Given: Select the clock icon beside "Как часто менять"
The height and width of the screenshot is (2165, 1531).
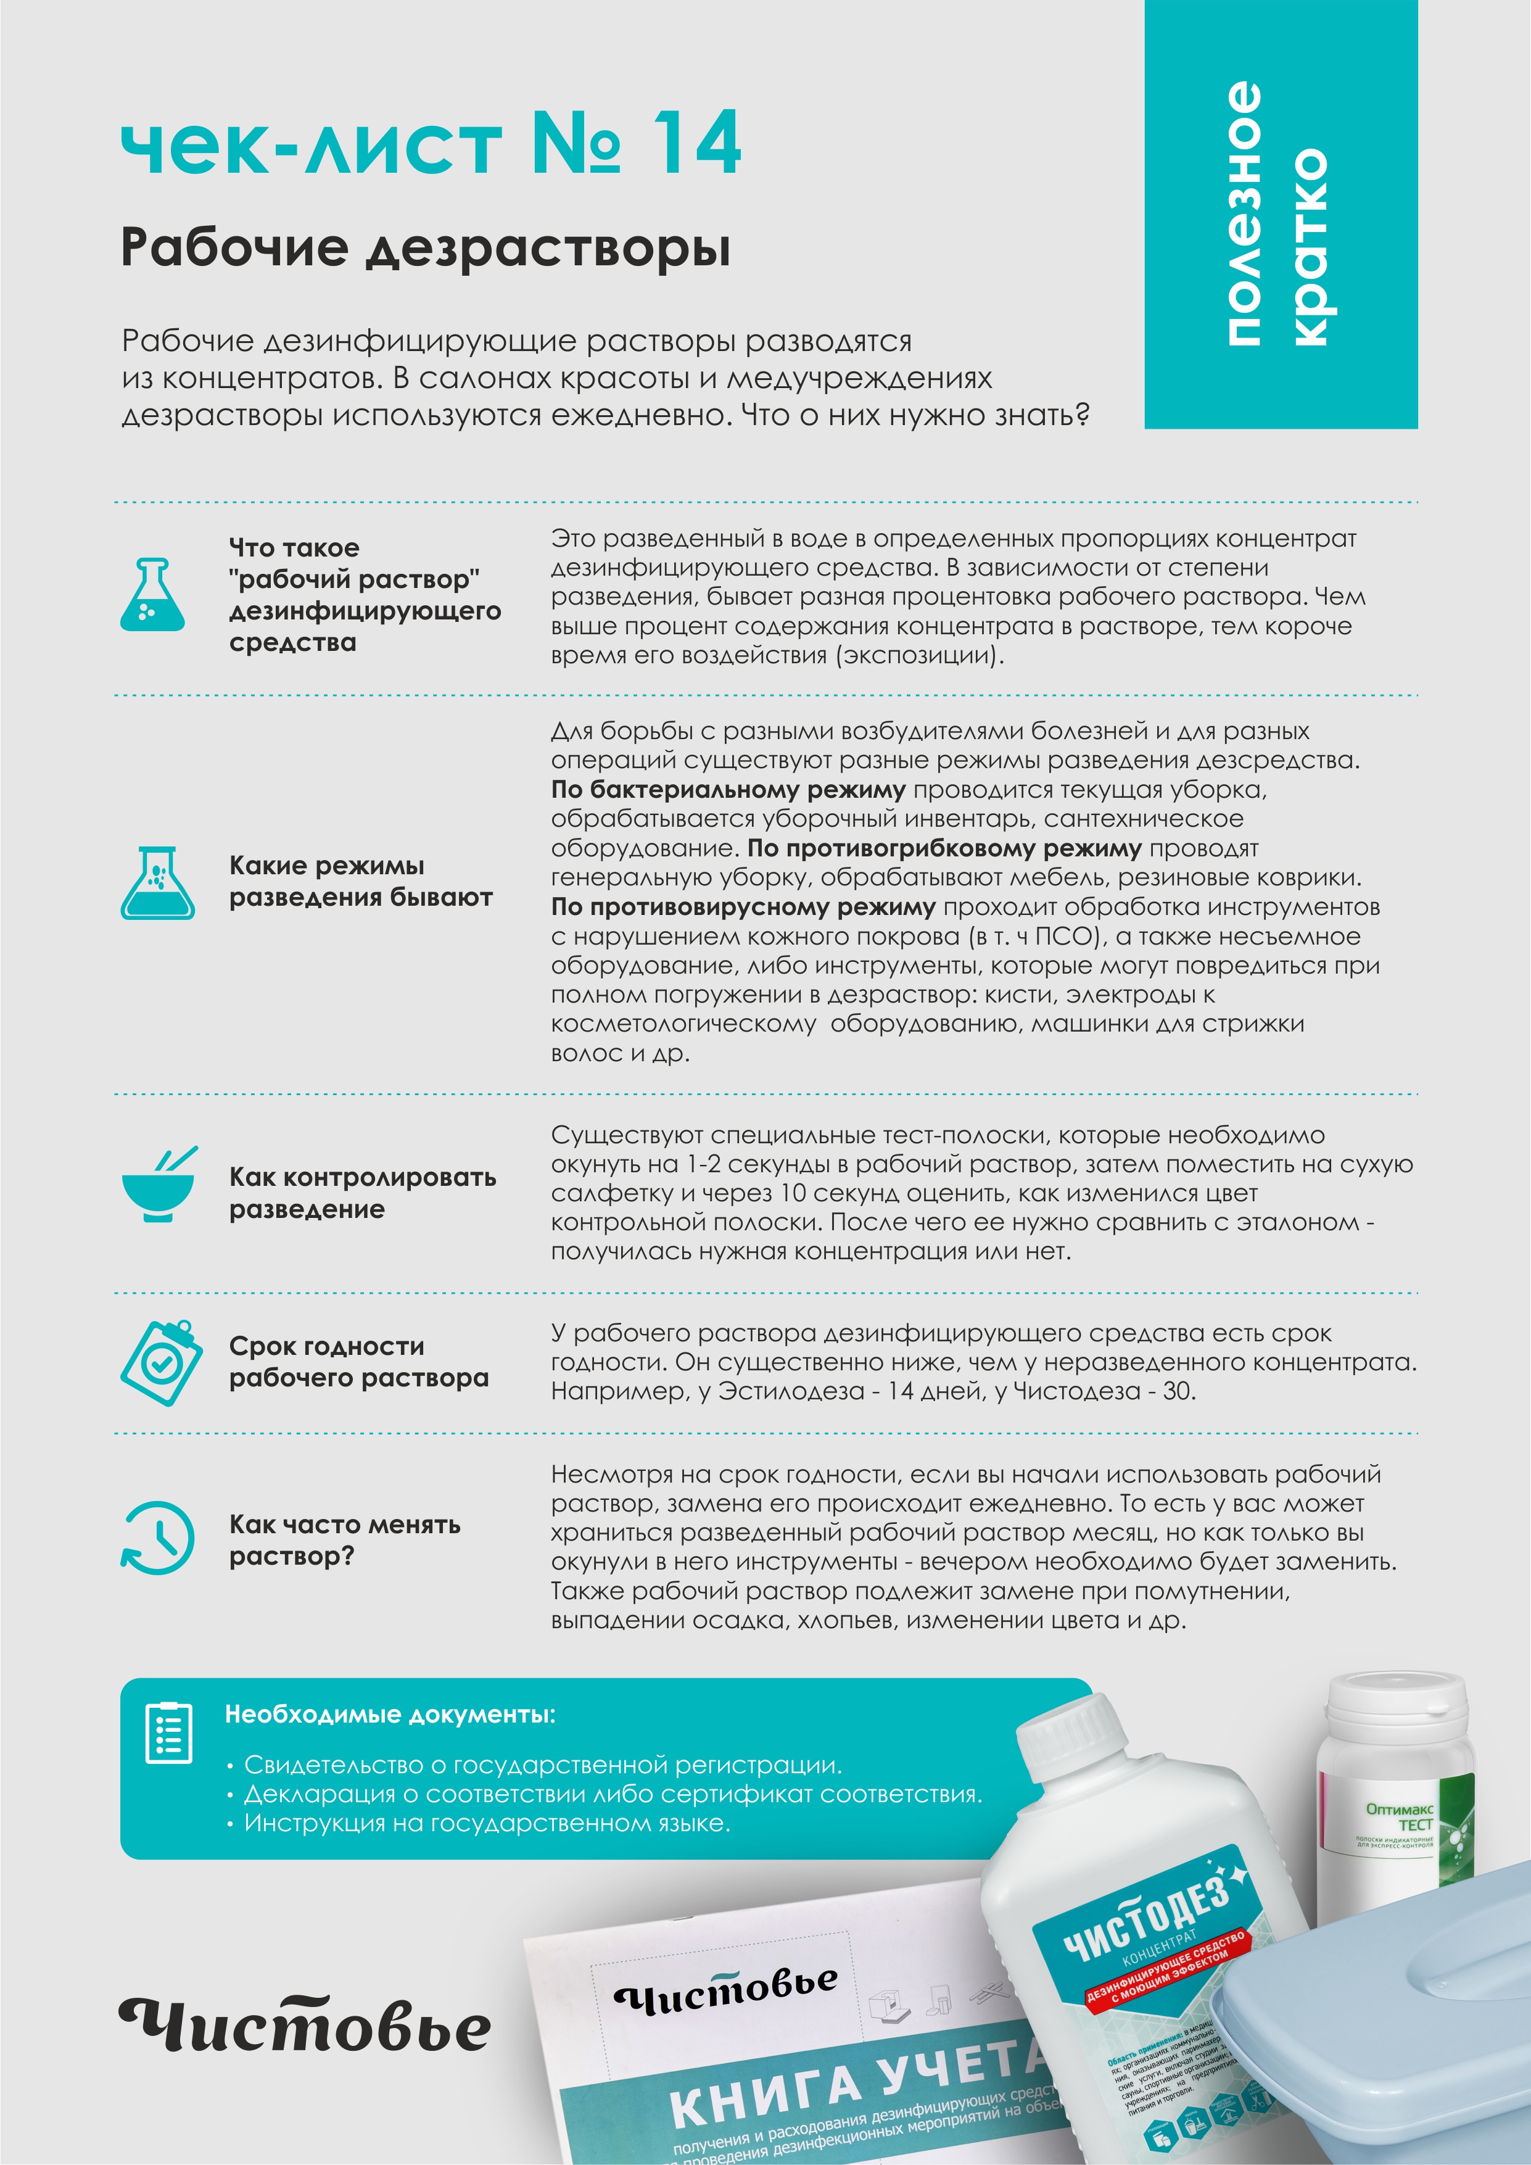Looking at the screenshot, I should click(157, 1538).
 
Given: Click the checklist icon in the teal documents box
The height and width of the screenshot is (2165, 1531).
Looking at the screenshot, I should click(169, 1732).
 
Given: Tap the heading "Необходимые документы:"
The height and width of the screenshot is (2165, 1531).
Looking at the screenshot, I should click(389, 1714).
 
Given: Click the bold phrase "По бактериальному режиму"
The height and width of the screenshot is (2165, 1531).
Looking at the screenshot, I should click(728, 789).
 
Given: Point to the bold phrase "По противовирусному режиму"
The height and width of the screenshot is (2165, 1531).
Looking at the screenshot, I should click(743, 907).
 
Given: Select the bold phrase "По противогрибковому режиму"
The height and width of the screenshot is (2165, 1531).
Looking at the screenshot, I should click(944, 848).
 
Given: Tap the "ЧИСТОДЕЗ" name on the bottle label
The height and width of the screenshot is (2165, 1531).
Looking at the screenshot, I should click(1146, 1915).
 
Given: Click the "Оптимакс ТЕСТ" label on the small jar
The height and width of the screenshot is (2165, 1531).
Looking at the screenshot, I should click(1400, 1816).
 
